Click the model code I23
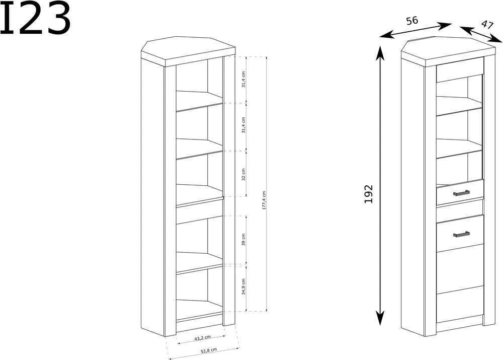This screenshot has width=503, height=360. pos(35,18)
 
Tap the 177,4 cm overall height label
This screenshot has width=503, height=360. pos(265,200)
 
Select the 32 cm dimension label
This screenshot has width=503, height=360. pos(243,174)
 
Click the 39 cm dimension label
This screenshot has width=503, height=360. pos(243,240)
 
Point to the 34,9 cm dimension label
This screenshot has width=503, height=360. pos(243,287)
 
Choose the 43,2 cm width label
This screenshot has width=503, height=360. pos(202,338)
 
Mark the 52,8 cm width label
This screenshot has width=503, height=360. pos(209,350)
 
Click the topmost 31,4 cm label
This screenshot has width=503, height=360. pos(243,80)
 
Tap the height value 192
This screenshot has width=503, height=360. pos(369,194)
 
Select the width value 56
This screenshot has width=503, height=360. pos(412,21)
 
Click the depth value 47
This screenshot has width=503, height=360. pos(487,25)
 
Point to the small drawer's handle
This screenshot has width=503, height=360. pos(461,193)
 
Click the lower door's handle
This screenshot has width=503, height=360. pos(461,234)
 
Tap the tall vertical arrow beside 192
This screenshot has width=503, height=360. pos(380,186)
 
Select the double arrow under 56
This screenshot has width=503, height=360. pos(416,31)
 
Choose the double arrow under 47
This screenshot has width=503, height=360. pos(481,34)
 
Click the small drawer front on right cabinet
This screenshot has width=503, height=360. pos(460,192)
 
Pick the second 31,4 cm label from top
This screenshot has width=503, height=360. pos(243,125)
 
